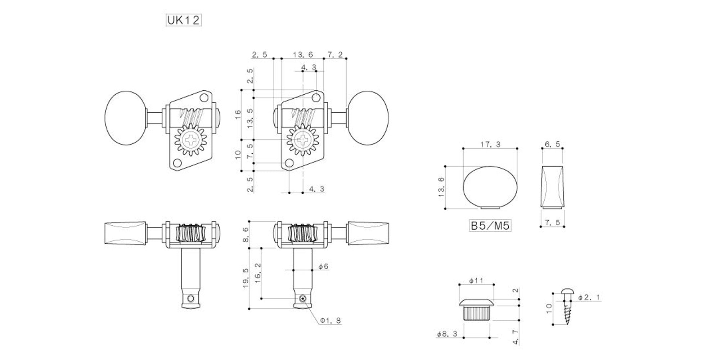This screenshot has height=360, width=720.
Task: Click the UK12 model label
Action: [x=183, y=20]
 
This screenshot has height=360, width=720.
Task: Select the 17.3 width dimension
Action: [x=490, y=144]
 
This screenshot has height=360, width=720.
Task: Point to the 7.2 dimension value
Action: [x=335, y=55]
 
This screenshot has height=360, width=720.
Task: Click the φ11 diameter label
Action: [x=477, y=280]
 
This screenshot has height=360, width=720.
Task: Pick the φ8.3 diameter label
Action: [x=447, y=334]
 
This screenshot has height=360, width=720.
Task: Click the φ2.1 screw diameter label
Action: [x=589, y=297]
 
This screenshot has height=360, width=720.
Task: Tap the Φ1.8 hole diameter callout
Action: [x=330, y=320]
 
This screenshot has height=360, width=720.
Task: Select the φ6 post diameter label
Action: [x=323, y=266]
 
